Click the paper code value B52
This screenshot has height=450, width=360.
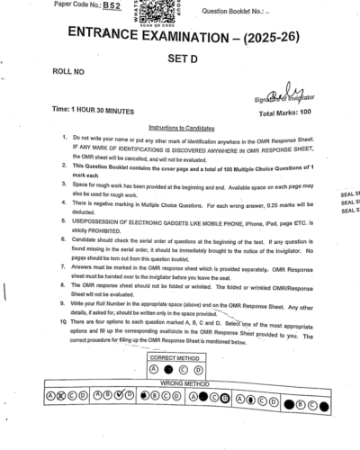[x=112, y=5]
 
